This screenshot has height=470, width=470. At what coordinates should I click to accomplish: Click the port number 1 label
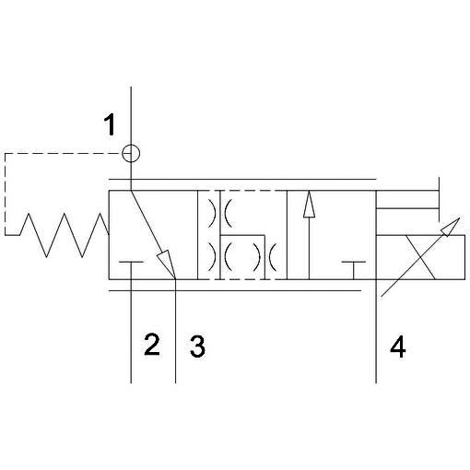pyautogui.click(x=110, y=124)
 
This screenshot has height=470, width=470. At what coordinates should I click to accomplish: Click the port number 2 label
pyautogui.click(x=152, y=345)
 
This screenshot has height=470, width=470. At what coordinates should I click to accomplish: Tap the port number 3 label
pyautogui.click(x=197, y=347)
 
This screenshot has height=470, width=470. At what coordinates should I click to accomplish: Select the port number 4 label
pyautogui.click(x=398, y=347)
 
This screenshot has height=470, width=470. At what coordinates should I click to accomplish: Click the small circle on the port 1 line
pyautogui.click(x=131, y=153)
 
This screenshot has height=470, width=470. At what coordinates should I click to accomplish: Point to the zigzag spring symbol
pyautogui.click(x=65, y=235)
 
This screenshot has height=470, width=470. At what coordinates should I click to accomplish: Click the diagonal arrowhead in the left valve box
pyautogui.click(x=166, y=262)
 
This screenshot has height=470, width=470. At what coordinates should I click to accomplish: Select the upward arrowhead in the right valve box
pyautogui.click(x=309, y=205)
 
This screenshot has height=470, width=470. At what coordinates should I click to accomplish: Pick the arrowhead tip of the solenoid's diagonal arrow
pyautogui.click(x=459, y=218)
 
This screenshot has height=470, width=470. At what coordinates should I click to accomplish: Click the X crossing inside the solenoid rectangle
pyautogui.click(x=420, y=257)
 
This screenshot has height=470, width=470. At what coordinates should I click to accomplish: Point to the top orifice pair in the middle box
pyautogui.click(x=220, y=213)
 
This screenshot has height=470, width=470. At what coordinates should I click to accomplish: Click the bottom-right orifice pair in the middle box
pyautogui.click(x=264, y=257)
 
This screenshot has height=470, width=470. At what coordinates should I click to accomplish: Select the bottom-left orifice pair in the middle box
pyautogui.click(x=220, y=257)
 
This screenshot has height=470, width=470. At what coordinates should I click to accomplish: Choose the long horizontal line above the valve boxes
pyautogui.click(x=242, y=179)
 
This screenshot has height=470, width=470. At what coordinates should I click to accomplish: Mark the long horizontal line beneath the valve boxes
pyautogui.click(x=235, y=290)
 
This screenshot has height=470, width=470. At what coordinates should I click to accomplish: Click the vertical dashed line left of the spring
pyautogui.click(x=6, y=194)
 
